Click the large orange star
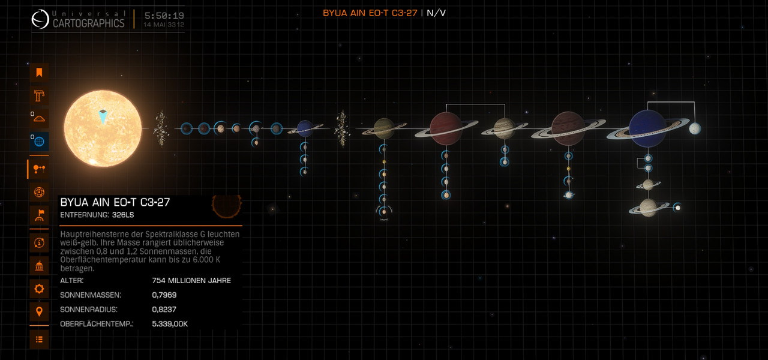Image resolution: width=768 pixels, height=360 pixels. pyautogui.click(x=103, y=128)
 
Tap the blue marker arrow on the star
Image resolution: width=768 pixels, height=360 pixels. pyautogui.click(x=103, y=116)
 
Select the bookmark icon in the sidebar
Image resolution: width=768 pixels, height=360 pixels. pyautogui.click(x=39, y=73)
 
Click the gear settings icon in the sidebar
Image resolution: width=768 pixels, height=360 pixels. pyautogui.click(x=39, y=289)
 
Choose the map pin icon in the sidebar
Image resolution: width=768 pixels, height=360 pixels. pyautogui.click(x=39, y=311)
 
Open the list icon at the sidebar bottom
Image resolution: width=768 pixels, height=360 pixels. pyautogui.click(x=39, y=340)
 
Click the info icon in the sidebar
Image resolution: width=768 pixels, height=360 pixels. pyautogui.click(x=39, y=243)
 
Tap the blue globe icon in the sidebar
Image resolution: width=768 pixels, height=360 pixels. pyautogui.click(x=39, y=141)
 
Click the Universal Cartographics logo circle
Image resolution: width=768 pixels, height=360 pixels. pyautogui.click(x=40, y=19)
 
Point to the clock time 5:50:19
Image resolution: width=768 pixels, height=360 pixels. pyautogui.click(x=164, y=16)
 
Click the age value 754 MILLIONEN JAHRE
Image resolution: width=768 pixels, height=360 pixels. pyautogui.click(x=191, y=280)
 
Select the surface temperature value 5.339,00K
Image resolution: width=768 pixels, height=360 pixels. pyautogui.click(x=170, y=323)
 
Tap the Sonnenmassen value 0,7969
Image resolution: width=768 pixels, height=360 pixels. pyautogui.click(x=164, y=295)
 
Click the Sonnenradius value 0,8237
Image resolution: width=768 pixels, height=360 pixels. pyautogui.click(x=164, y=309)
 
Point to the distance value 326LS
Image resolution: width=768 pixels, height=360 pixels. pyautogui.click(x=123, y=215)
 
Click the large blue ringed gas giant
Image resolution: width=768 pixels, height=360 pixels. pyautogui.click(x=647, y=128)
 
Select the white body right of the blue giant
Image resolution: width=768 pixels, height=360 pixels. pyautogui.click(x=695, y=128)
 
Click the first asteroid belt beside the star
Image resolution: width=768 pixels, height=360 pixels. pyautogui.click(x=161, y=128)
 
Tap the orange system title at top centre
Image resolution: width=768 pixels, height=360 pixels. pyautogui.click(x=370, y=13)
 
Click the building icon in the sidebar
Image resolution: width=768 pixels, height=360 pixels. pyautogui.click(x=39, y=266)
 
